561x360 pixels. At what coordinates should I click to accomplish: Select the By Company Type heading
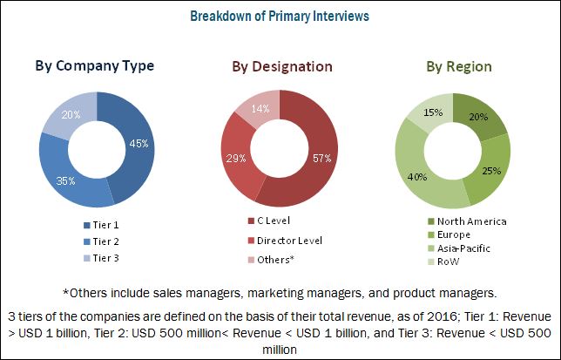95,65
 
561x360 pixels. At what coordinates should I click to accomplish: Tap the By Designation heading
281,66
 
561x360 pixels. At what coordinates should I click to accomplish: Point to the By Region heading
457,66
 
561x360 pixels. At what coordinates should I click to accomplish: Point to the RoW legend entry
449,261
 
